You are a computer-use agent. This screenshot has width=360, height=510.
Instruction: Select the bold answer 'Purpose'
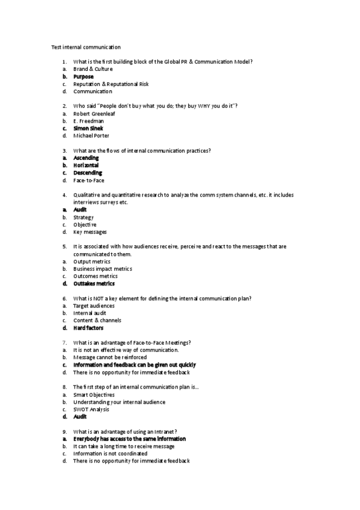[x=84, y=77]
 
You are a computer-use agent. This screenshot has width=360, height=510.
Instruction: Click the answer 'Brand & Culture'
[x=93, y=69]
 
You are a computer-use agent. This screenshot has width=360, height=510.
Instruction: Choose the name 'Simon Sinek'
[x=88, y=128]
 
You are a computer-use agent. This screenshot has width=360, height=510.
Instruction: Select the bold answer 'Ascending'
[x=86, y=158]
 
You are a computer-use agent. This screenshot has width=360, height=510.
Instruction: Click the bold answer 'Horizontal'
[x=86, y=165]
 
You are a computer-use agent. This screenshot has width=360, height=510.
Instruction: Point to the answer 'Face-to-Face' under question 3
[x=88, y=180]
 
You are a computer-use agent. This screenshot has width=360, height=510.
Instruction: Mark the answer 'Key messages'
[x=90, y=232]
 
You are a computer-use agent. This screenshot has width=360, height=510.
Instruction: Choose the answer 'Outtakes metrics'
[x=94, y=283]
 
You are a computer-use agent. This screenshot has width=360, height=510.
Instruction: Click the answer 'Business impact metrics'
[x=102, y=269]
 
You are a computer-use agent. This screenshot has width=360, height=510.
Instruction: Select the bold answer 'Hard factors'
[x=88, y=328]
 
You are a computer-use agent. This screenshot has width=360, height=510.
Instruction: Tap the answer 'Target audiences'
[x=94, y=306]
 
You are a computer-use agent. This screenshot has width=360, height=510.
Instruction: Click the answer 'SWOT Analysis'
[x=91, y=409]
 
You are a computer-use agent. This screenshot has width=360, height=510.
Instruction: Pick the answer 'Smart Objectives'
[x=94, y=395]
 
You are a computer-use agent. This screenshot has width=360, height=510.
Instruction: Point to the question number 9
[x=64, y=431]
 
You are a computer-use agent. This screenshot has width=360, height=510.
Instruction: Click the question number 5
[x=64, y=247]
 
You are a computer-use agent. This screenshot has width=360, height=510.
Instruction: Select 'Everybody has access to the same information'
[x=129, y=439]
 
